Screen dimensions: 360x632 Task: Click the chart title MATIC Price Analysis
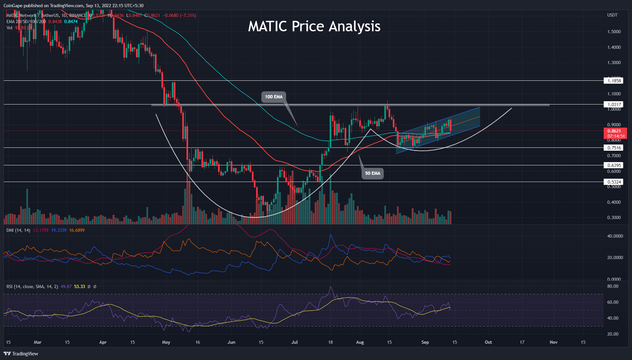pos(314,26)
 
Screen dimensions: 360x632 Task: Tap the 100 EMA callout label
pos(273,97)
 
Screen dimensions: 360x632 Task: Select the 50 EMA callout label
pos(372,173)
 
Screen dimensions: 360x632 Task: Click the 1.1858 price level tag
pos(613,81)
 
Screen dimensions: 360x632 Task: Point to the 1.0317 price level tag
pos(613,104)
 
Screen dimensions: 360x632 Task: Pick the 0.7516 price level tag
pos(613,148)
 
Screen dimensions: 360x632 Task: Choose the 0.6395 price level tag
pos(613,165)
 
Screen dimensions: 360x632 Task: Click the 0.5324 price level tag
pos(613,182)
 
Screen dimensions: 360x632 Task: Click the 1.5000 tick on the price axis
pos(614,32)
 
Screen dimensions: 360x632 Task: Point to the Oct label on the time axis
pos(488,342)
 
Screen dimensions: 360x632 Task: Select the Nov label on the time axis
pos(554,342)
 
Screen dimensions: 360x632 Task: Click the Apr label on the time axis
pos(103,342)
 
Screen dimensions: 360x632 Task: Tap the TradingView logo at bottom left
pos(21,354)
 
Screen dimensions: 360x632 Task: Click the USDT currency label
pos(612,15)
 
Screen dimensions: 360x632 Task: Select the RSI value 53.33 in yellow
pos(79,286)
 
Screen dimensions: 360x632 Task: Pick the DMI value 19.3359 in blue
pos(59,230)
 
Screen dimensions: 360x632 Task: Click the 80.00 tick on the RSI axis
pos(613,286)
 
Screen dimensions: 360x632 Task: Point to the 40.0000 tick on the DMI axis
pos(615,236)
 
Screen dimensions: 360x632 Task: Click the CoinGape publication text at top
pos(73,6)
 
